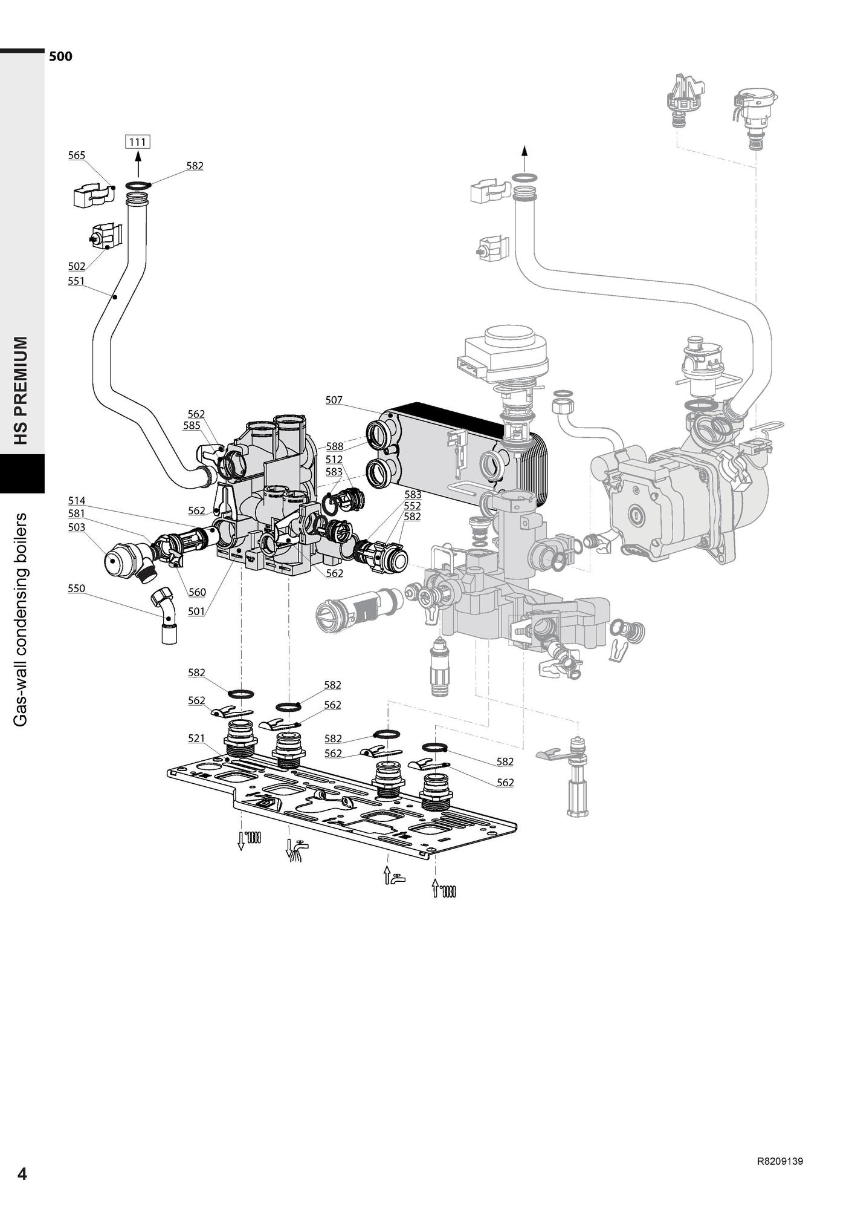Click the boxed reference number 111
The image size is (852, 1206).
[x=138, y=142]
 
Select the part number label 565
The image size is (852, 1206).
[x=77, y=155]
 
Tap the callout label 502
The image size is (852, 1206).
[x=77, y=266]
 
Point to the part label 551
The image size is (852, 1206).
[x=77, y=281]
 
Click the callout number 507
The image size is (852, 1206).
[x=334, y=400]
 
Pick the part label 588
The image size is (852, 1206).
[x=335, y=446]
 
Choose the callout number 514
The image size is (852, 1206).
[x=77, y=501]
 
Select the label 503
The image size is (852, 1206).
[x=77, y=527]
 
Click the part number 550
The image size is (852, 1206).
[x=77, y=588]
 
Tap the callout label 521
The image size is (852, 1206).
[x=196, y=738]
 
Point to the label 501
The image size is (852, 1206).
[x=196, y=611]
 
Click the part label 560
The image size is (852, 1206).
[x=197, y=593]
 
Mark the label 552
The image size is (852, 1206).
[x=412, y=506]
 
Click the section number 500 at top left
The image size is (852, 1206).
[x=60, y=57]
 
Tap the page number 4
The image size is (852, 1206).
[x=22, y=1174]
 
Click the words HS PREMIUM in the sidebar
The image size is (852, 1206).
[x=22, y=390]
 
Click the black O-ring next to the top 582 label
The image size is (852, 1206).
[x=138, y=184]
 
